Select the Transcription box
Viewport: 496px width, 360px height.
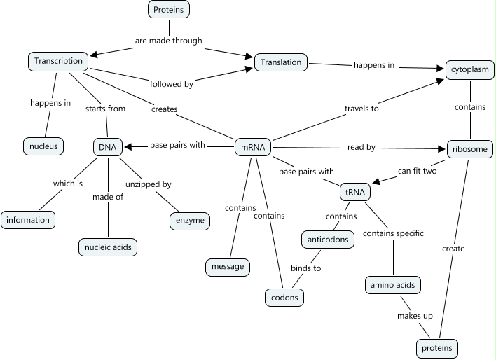(59, 61)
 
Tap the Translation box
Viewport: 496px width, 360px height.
(281, 62)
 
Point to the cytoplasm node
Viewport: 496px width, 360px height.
(470, 70)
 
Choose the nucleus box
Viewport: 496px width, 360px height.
(43, 146)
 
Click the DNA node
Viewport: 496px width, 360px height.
(108, 147)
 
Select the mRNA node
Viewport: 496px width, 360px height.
(253, 148)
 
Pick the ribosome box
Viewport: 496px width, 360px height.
(470, 149)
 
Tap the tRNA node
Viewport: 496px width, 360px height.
(352, 191)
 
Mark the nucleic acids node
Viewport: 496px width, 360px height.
(107, 247)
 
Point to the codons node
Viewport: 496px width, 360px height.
(284, 298)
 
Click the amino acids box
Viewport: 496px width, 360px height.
(393, 285)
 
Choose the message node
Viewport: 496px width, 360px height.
(228, 267)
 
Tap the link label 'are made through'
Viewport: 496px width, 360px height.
(168, 41)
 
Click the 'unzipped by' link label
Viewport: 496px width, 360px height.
(148, 184)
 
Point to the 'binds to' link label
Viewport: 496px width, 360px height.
(306, 268)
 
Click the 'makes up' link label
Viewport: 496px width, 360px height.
(415, 316)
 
